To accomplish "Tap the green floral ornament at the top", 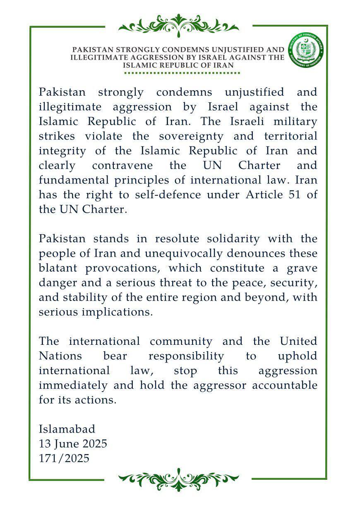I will (x=179, y=26).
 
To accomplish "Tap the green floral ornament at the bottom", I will (x=179, y=478).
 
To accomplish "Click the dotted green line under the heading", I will (x=182, y=73).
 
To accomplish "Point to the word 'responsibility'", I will (x=186, y=356).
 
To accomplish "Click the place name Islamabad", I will (x=67, y=429).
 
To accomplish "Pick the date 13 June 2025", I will (x=73, y=444).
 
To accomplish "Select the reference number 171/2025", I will (x=64, y=458).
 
